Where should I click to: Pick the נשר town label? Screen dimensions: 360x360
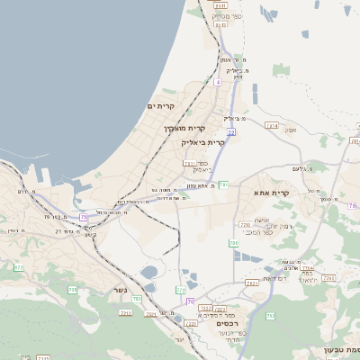(120, 290)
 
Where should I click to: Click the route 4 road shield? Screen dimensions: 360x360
(217, 83)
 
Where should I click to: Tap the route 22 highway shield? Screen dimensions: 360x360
(231, 132)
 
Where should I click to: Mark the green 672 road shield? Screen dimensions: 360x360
(20, 267)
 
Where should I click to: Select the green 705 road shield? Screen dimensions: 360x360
(73, 289)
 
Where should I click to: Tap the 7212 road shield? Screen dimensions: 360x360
(125, 311)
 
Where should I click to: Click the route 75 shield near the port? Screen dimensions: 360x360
(84, 216)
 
